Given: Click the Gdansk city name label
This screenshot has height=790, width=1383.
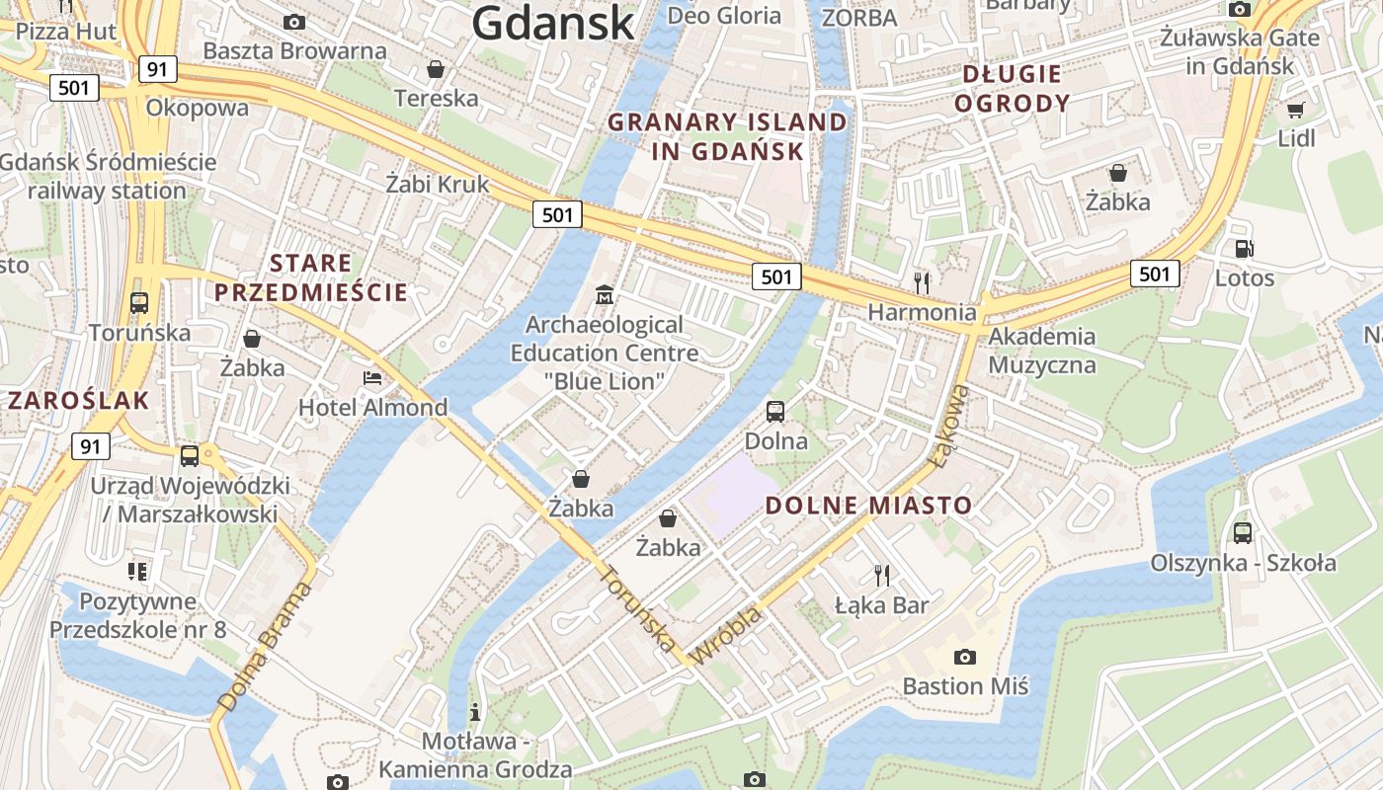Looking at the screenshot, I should click(552, 22).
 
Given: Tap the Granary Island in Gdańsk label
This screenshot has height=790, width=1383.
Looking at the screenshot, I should click(727, 137).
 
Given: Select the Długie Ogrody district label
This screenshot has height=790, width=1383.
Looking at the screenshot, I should click(1013, 89).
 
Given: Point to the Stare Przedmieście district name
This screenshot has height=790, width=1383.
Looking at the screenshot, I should click(311, 277).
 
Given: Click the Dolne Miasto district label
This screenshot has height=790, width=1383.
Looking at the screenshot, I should click(869, 506).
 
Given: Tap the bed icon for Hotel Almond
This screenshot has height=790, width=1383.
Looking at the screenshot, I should click(372, 378).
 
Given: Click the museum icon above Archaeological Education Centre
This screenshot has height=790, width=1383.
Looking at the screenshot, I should click(605, 294).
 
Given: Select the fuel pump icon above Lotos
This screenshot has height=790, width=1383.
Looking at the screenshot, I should click(1244, 249).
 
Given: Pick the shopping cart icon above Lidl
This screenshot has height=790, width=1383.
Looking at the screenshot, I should click(1296, 110).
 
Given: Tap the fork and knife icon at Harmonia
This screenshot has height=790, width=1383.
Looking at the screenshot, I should click(922, 283).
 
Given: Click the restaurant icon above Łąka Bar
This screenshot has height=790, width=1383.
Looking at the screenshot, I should click(882, 575).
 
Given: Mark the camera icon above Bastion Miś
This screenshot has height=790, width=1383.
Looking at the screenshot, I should click(965, 657).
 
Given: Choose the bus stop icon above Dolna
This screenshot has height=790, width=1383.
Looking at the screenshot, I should click(775, 411).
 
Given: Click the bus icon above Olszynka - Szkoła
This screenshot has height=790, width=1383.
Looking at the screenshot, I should click(1243, 533).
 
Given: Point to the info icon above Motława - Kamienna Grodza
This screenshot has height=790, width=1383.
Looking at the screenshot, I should click(475, 711).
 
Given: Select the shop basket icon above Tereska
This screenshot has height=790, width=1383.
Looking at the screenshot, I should click(435, 69).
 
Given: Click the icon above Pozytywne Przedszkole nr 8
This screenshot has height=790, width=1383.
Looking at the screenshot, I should click(137, 571).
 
